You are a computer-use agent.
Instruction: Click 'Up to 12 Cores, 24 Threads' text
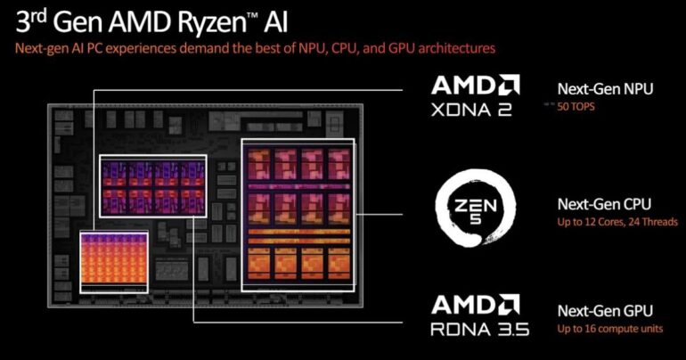[x=617, y=221]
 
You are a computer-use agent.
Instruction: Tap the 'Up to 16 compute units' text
[x=607, y=329]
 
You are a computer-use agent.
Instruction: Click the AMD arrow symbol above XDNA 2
[x=509, y=86]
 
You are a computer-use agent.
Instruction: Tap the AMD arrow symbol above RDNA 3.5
[x=509, y=305]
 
